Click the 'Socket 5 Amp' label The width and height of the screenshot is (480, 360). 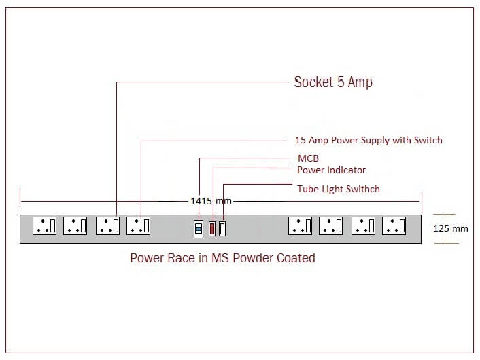(333, 82)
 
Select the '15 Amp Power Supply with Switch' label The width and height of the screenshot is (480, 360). (368, 140)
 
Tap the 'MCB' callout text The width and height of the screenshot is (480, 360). (308, 158)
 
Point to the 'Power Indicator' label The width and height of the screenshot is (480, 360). (331, 170)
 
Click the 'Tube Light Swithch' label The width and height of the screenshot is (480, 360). (338, 189)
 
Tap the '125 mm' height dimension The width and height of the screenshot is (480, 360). (451, 228)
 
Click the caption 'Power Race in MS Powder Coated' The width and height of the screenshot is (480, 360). (222, 258)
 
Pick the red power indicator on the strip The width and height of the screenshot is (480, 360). (211, 228)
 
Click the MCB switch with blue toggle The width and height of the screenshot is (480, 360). (199, 228)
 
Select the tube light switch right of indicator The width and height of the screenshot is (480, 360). (222, 228)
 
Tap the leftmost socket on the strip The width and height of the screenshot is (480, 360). (45, 226)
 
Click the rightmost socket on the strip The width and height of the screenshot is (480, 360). (394, 226)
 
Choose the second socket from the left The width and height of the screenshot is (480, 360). (75, 226)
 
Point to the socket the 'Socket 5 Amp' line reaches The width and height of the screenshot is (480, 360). (107, 226)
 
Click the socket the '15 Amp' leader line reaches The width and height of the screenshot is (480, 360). (138, 226)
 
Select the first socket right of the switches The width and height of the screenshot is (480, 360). (300, 226)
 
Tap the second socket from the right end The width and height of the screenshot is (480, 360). (363, 226)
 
